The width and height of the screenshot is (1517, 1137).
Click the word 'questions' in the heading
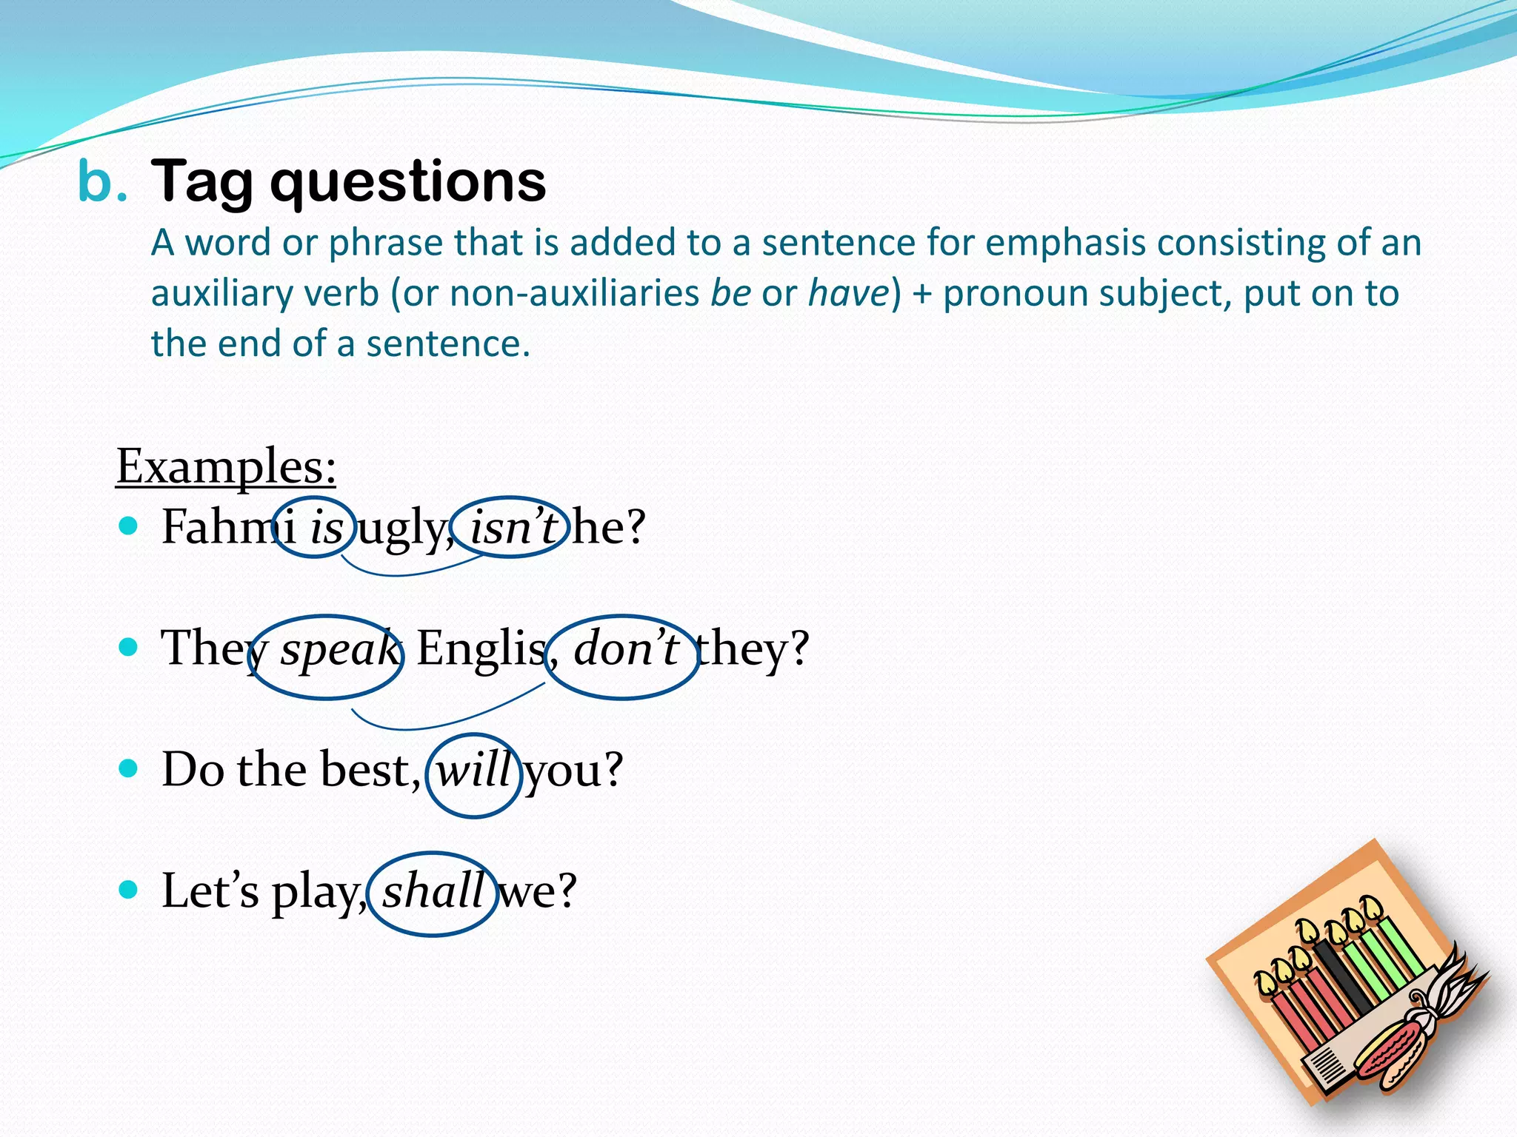408,183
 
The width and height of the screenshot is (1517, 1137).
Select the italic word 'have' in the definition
847,293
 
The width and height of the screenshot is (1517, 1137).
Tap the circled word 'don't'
626,648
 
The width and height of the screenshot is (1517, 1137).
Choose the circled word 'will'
474,770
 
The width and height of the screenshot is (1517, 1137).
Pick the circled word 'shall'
433,891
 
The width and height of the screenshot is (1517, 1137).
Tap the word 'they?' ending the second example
753,648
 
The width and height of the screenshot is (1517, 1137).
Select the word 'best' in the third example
364,770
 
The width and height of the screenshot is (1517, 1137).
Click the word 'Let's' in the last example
210,891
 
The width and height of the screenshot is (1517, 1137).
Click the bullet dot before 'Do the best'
128,768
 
